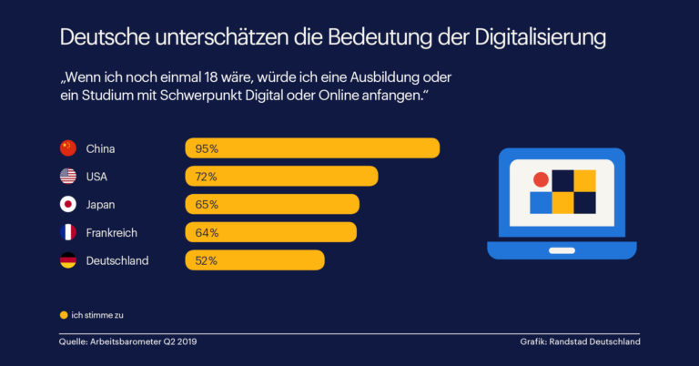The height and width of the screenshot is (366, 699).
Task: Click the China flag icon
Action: click(x=68, y=148)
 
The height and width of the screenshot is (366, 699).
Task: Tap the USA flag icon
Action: click(x=68, y=177)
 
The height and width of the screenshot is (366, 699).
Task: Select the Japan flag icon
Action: click(x=68, y=204)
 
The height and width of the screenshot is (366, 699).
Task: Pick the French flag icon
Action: click(x=68, y=232)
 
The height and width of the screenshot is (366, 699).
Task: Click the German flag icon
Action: click(x=68, y=260)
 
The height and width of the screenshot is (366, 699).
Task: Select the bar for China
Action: click(x=312, y=148)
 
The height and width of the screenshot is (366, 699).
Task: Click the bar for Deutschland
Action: click(x=255, y=260)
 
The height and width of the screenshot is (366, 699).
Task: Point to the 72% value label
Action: click(x=207, y=177)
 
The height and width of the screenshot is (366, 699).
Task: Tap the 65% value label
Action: click(x=207, y=204)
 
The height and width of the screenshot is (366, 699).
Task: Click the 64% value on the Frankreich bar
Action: click(x=207, y=232)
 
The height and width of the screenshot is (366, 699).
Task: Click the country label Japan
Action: click(x=101, y=204)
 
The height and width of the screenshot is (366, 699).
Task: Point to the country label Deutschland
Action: click(x=117, y=260)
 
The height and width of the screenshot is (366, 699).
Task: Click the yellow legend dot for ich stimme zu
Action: click(x=64, y=315)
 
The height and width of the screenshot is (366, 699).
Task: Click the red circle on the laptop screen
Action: click(x=541, y=179)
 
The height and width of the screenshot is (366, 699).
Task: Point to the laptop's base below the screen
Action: click(x=562, y=249)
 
